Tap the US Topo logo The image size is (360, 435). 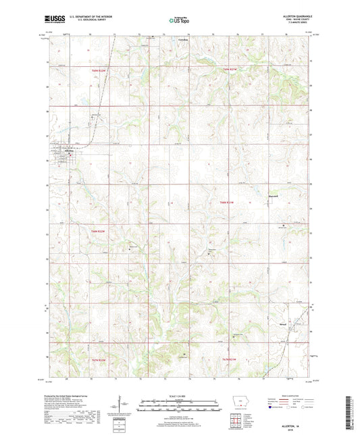[179, 21]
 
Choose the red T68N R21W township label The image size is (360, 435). [226, 202]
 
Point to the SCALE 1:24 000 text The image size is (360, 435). [179, 396]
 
